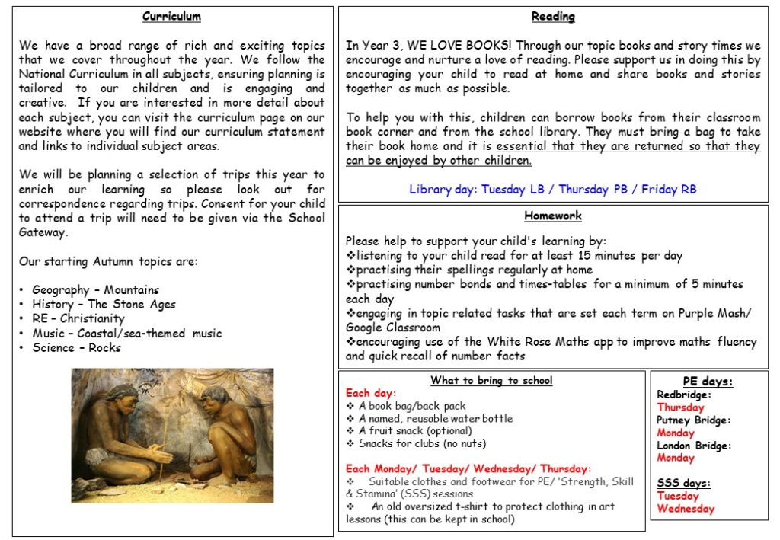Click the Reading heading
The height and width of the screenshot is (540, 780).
coord(553,16)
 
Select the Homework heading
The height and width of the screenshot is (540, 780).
coord(553,216)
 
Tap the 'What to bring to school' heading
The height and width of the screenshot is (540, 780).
coord(491,380)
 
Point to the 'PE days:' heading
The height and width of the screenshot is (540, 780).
coord(708,382)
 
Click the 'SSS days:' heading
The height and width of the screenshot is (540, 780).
coord(683,483)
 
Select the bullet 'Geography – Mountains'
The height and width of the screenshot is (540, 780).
coord(95,289)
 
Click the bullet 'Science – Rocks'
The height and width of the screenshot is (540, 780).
coord(76,347)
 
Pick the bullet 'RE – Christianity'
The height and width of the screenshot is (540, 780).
coord(78,318)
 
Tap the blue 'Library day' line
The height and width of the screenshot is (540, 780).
coord(553,189)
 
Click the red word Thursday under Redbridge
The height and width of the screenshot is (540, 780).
coord(681,407)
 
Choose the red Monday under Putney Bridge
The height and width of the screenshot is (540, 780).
coord(676,433)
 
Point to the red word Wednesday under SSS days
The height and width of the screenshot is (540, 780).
coord(686,508)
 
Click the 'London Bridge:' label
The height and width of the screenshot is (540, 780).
coord(693,446)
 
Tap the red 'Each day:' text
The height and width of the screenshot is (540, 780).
coord(370,393)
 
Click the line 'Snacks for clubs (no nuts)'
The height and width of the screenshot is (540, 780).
coord(422,443)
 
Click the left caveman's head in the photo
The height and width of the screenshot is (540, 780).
coord(121,395)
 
